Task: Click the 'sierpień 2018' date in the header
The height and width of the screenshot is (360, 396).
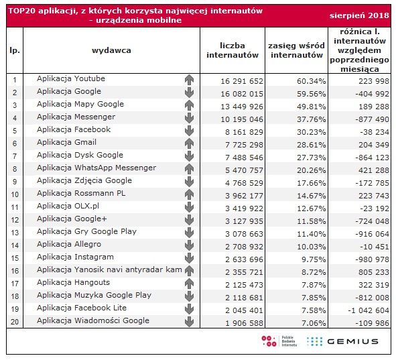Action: (359, 15)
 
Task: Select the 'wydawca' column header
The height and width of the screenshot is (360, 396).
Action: (111, 50)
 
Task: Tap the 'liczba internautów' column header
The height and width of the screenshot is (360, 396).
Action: (233, 50)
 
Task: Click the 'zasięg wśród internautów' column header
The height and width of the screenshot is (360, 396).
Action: (296, 50)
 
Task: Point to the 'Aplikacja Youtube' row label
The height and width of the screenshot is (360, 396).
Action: (71, 78)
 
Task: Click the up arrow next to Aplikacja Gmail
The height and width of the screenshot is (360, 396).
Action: (189, 143)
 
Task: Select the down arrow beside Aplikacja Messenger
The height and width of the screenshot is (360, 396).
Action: (189, 118)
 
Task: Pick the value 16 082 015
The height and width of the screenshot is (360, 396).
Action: (242, 94)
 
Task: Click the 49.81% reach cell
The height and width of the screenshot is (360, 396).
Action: (311, 107)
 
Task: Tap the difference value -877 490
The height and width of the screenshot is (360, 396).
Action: (373, 119)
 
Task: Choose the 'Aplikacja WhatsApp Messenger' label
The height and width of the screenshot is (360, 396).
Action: (96, 168)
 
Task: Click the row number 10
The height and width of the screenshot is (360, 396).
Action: (15, 194)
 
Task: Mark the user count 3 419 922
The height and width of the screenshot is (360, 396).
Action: (244, 208)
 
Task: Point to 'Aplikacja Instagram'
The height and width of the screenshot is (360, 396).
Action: (75, 257)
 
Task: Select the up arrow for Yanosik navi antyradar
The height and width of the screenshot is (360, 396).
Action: (189, 271)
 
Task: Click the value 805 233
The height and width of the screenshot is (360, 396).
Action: (374, 272)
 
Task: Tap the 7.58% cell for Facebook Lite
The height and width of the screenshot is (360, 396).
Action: (314, 310)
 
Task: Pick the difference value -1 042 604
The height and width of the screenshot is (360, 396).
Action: (369, 310)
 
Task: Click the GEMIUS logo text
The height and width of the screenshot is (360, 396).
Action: (353, 341)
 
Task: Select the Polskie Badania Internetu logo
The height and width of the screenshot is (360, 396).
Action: (279, 341)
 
